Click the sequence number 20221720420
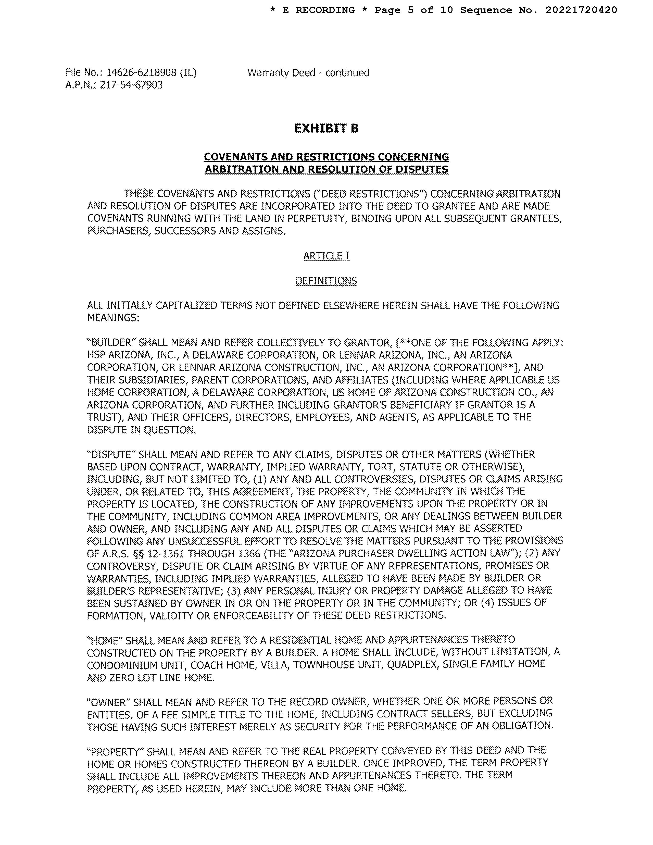[x=581, y=10]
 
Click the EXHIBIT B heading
[x=326, y=128]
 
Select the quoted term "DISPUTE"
[x=111, y=454]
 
